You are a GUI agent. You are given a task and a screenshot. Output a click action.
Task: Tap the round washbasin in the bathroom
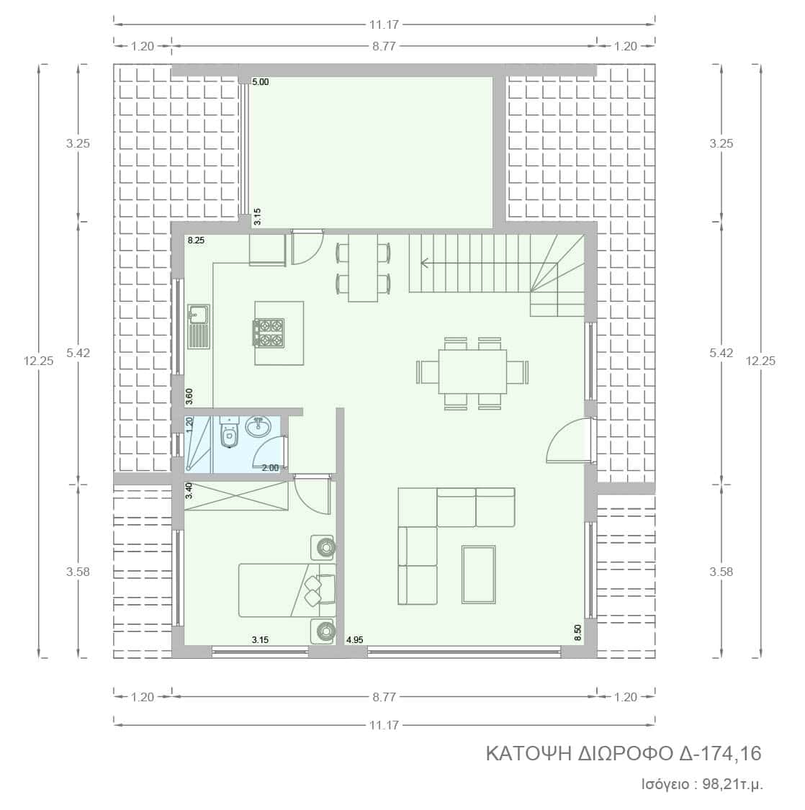[258, 427]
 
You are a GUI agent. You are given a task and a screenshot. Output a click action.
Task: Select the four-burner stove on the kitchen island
[269, 332]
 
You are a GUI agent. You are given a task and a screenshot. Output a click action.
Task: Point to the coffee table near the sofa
[478, 574]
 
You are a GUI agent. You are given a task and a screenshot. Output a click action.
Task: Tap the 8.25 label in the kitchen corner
[196, 240]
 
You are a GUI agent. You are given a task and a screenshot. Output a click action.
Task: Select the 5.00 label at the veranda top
[261, 81]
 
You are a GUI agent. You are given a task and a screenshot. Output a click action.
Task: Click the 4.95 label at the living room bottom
[354, 639]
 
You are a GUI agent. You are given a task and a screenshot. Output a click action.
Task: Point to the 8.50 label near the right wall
[577, 632]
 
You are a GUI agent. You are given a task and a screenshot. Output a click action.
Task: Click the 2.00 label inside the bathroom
[270, 468]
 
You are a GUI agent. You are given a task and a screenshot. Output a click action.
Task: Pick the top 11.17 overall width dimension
[384, 24]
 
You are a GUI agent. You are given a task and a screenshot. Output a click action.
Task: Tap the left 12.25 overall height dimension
[39, 361]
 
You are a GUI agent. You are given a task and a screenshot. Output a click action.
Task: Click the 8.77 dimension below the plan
[384, 697]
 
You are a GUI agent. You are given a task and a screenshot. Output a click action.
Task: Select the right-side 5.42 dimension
[721, 353]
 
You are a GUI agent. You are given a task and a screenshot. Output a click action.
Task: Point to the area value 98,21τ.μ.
[733, 784]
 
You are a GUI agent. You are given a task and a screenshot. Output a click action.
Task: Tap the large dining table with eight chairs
[472, 372]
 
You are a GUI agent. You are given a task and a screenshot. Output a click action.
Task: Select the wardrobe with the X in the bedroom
[236, 496]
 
